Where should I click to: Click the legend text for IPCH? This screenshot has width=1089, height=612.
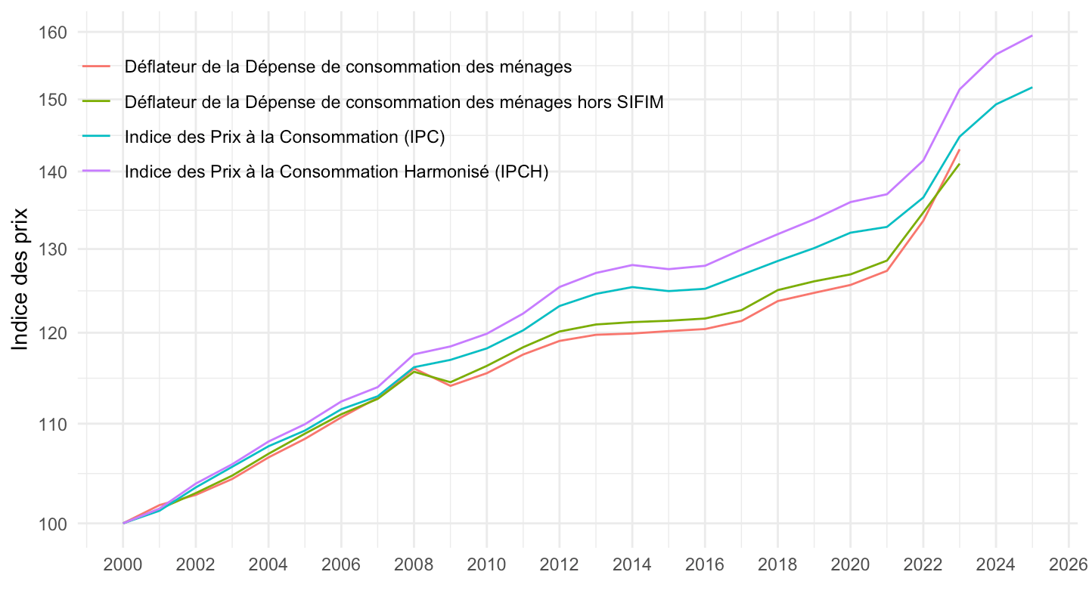click(x=337, y=172)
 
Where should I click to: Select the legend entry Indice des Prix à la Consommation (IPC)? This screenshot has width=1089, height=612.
click(x=285, y=137)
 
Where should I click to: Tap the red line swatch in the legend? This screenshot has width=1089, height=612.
click(x=97, y=66)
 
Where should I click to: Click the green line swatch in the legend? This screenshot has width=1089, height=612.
click(x=97, y=101)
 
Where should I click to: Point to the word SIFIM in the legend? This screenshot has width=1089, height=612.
click(x=639, y=102)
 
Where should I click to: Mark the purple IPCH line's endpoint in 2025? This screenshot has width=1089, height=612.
click(x=1032, y=36)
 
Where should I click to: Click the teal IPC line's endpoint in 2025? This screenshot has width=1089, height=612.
click(x=1032, y=88)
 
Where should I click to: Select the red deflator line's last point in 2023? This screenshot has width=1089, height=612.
click(x=959, y=150)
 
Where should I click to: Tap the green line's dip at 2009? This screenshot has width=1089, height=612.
click(x=451, y=382)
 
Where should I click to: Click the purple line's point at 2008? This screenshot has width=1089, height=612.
click(x=414, y=354)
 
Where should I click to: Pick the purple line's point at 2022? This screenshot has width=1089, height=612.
click(x=923, y=160)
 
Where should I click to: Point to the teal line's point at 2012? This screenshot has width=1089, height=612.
click(x=560, y=306)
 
